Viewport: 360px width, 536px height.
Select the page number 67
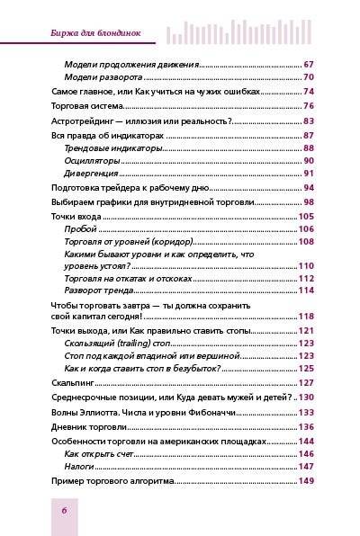(x=308, y=65)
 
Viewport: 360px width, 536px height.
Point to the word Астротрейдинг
(x=77, y=121)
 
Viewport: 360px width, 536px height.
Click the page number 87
(x=308, y=134)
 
